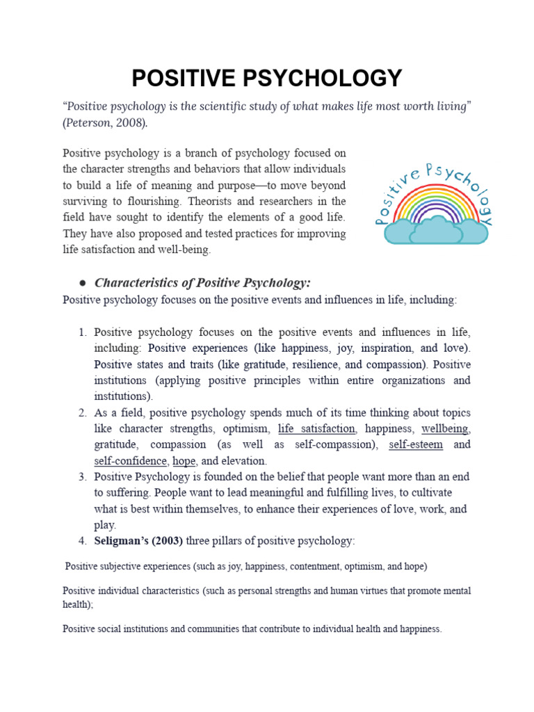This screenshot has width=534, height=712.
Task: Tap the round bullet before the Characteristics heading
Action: (x=82, y=283)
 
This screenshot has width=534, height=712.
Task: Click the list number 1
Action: (x=81, y=332)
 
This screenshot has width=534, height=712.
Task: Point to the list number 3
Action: (x=81, y=476)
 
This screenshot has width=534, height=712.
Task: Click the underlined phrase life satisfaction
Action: (x=316, y=428)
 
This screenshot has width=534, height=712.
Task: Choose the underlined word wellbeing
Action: (x=445, y=428)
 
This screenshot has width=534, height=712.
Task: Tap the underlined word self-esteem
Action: (x=416, y=444)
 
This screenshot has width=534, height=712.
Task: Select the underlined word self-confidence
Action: (x=131, y=460)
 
